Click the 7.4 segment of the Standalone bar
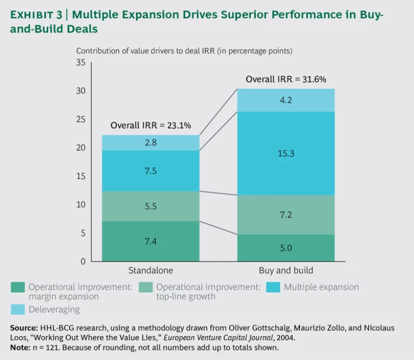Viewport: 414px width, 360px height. coord(150,241)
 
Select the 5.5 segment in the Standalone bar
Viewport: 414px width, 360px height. coord(150,206)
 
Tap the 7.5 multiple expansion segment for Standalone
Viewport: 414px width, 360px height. coord(150,171)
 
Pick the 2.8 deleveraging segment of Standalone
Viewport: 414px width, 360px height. coord(150,143)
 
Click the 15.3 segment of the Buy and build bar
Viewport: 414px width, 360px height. coord(286,154)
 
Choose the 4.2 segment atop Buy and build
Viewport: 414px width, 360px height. coord(286,100)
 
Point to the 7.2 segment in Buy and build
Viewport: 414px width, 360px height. coord(286,214)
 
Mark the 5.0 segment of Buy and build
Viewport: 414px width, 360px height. coord(286,248)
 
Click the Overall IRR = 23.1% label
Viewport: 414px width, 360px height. coord(154,126)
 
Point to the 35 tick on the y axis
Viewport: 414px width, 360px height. coord(81,63)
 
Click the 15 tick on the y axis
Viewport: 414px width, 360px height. coord(81,176)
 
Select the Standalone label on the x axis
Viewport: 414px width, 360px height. coord(150,270)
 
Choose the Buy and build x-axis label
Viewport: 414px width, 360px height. coord(286,270)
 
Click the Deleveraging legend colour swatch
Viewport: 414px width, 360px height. coord(18,309)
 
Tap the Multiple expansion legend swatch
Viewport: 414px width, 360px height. coord(273,287)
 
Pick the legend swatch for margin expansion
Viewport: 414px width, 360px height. coord(18,287)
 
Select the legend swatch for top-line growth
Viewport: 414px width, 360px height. coord(146,287)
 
